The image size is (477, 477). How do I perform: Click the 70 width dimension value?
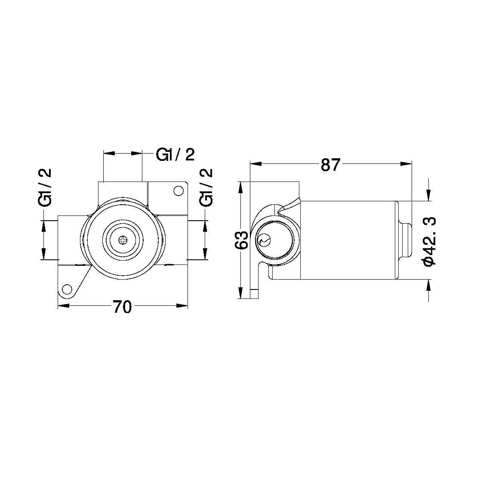(x=122, y=307)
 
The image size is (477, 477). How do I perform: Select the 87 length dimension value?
(x=330, y=165)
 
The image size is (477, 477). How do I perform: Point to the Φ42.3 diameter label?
(x=430, y=241)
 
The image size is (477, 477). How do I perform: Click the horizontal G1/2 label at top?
(x=175, y=155)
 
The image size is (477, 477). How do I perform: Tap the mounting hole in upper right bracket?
(x=177, y=191)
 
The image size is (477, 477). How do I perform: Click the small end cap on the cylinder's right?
(x=406, y=240)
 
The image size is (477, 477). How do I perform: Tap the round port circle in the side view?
(x=275, y=240)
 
